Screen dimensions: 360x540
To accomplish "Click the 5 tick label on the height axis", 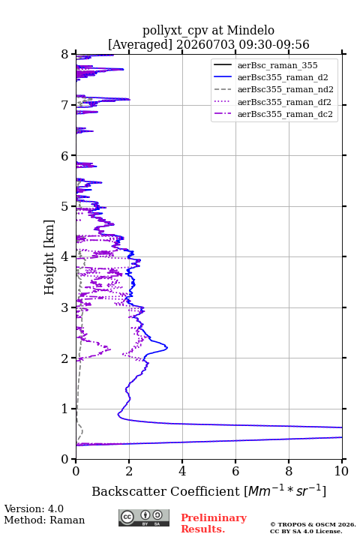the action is [x=65, y=206].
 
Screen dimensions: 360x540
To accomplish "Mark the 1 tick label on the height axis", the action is [x=65, y=409].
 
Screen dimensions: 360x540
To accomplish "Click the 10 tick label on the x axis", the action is [x=341, y=471].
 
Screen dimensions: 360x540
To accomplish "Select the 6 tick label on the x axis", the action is [x=235, y=471].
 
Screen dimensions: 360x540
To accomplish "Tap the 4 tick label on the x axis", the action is [x=182, y=471].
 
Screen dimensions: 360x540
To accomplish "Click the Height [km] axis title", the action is [x=49, y=257].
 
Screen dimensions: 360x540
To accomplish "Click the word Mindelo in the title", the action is [x=250, y=30].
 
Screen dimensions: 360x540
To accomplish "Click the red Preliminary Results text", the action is [x=214, y=523].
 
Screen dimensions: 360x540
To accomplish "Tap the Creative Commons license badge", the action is [x=144, y=517].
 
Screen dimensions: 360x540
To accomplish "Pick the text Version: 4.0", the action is [x=34, y=508].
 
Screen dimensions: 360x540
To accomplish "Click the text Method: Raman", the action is [x=44, y=520].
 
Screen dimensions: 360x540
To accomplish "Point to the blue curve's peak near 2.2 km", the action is [x=167, y=347].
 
